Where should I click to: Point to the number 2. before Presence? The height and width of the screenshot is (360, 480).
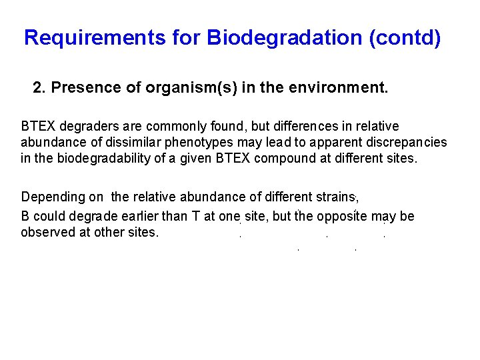click(x=39, y=88)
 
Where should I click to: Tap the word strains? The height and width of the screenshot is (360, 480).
click(x=335, y=197)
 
